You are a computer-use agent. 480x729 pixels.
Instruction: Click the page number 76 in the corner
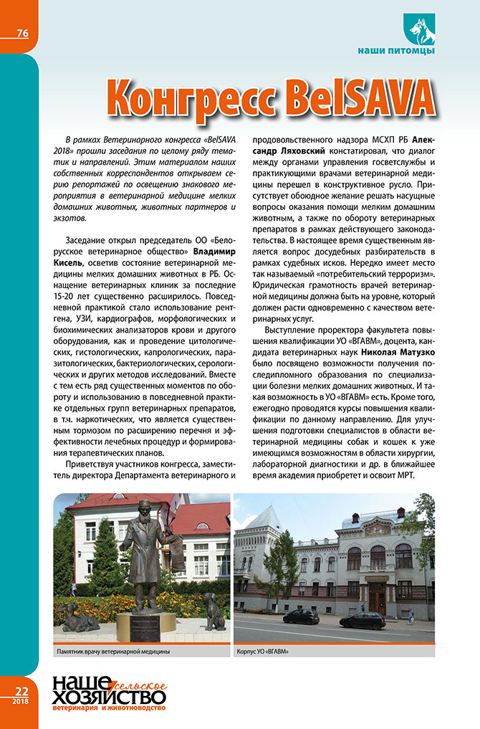click(x=22, y=33)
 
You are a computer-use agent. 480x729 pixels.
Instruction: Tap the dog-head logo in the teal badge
click(x=420, y=28)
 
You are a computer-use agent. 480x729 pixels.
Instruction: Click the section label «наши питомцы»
click(x=395, y=50)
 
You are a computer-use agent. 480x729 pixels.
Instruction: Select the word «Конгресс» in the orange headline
click(x=189, y=95)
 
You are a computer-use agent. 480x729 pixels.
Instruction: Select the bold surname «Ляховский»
click(x=295, y=153)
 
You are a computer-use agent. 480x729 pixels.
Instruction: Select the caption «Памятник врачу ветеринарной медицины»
click(x=113, y=653)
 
